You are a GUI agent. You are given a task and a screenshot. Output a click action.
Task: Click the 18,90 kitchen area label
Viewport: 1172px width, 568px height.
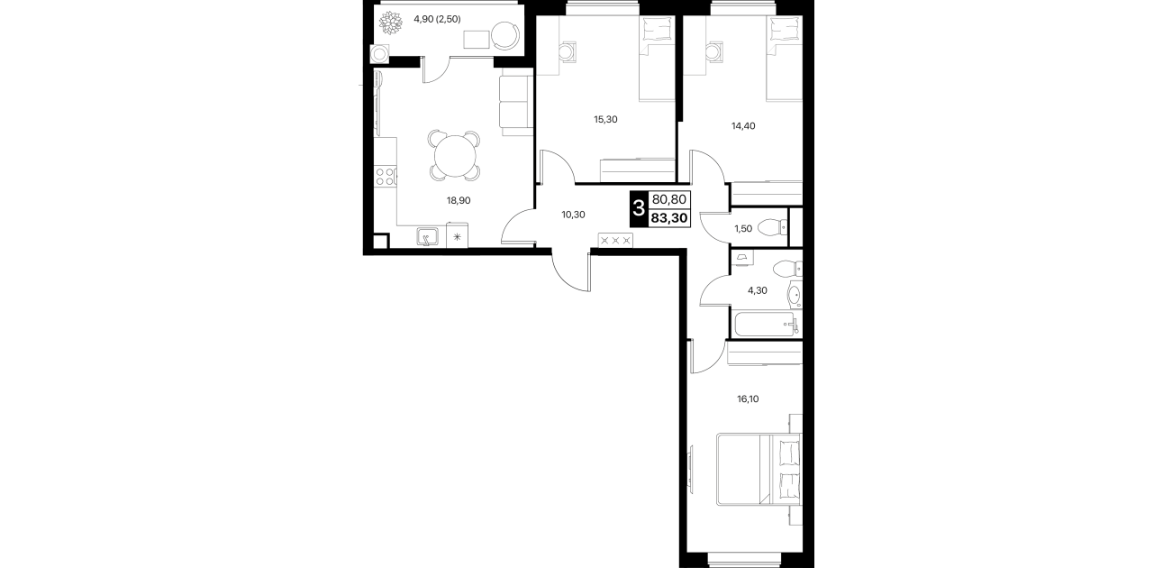[x=459, y=200]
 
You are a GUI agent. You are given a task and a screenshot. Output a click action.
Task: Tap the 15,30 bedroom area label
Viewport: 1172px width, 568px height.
[x=605, y=119]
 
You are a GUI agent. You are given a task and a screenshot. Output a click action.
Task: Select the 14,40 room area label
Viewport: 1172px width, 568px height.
[x=743, y=125]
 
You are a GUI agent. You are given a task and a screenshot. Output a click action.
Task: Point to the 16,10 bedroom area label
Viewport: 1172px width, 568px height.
[x=748, y=399]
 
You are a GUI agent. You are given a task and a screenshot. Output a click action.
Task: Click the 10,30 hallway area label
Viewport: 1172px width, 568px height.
[x=573, y=215]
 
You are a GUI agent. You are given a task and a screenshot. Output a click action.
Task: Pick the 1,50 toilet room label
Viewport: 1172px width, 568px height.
[x=743, y=229]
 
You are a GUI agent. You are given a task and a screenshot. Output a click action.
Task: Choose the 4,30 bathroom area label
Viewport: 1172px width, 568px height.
[x=757, y=290]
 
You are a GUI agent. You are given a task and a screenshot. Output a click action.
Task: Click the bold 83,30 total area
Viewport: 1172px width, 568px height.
[x=669, y=218]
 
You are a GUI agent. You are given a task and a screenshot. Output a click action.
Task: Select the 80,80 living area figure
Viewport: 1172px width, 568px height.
[x=669, y=199]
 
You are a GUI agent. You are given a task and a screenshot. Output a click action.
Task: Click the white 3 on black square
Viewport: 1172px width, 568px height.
[x=639, y=209]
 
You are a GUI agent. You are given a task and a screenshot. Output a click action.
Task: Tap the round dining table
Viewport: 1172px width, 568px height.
[x=455, y=157]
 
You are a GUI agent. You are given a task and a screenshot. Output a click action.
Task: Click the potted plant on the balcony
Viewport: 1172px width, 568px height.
[x=390, y=24]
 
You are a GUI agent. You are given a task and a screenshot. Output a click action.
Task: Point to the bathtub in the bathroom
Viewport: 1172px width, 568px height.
[x=767, y=325]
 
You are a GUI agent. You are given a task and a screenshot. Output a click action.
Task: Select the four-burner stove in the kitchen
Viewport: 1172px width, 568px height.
[x=386, y=176]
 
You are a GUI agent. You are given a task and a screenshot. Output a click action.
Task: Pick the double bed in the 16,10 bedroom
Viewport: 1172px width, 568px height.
[x=759, y=469]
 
